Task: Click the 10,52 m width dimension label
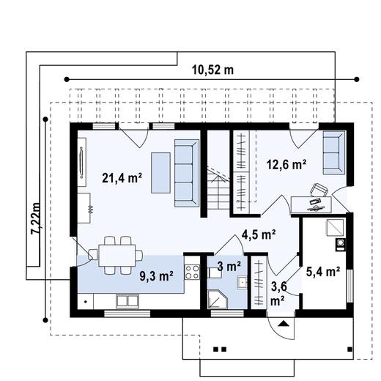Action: pyautogui.click(x=212, y=70)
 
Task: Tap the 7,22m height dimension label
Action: pyautogui.click(x=37, y=218)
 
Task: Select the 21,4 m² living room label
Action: pyautogui.click(x=122, y=177)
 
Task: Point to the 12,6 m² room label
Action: pyautogui.click(x=286, y=164)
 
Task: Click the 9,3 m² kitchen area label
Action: pyautogui.click(x=157, y=276)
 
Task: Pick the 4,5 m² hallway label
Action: pyautogui.click(x=259, y=234)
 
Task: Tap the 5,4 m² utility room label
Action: pyautogui.click(x=323, y=272)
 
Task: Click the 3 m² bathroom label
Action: pyautogui.click(x=229, y=266)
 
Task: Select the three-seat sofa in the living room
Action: pyautogui.click(x=187, y=173)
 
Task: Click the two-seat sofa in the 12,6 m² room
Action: pyautogui.click(x=334, y=152)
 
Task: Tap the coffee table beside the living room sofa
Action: pyautogui.click(x=160, y=173)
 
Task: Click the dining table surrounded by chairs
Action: pyautogui.click(x=117, y=256)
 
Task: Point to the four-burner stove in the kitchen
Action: pyautogui.click(x=192, y=272)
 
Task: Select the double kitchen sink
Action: pyautogui.click(x=127, y=301)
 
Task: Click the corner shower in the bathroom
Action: pyautogui.click(x=217, y=299)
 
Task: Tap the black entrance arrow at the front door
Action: pyautogui.click(x=284, y=324)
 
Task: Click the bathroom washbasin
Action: pyautogui.click(x=242, y=283)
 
